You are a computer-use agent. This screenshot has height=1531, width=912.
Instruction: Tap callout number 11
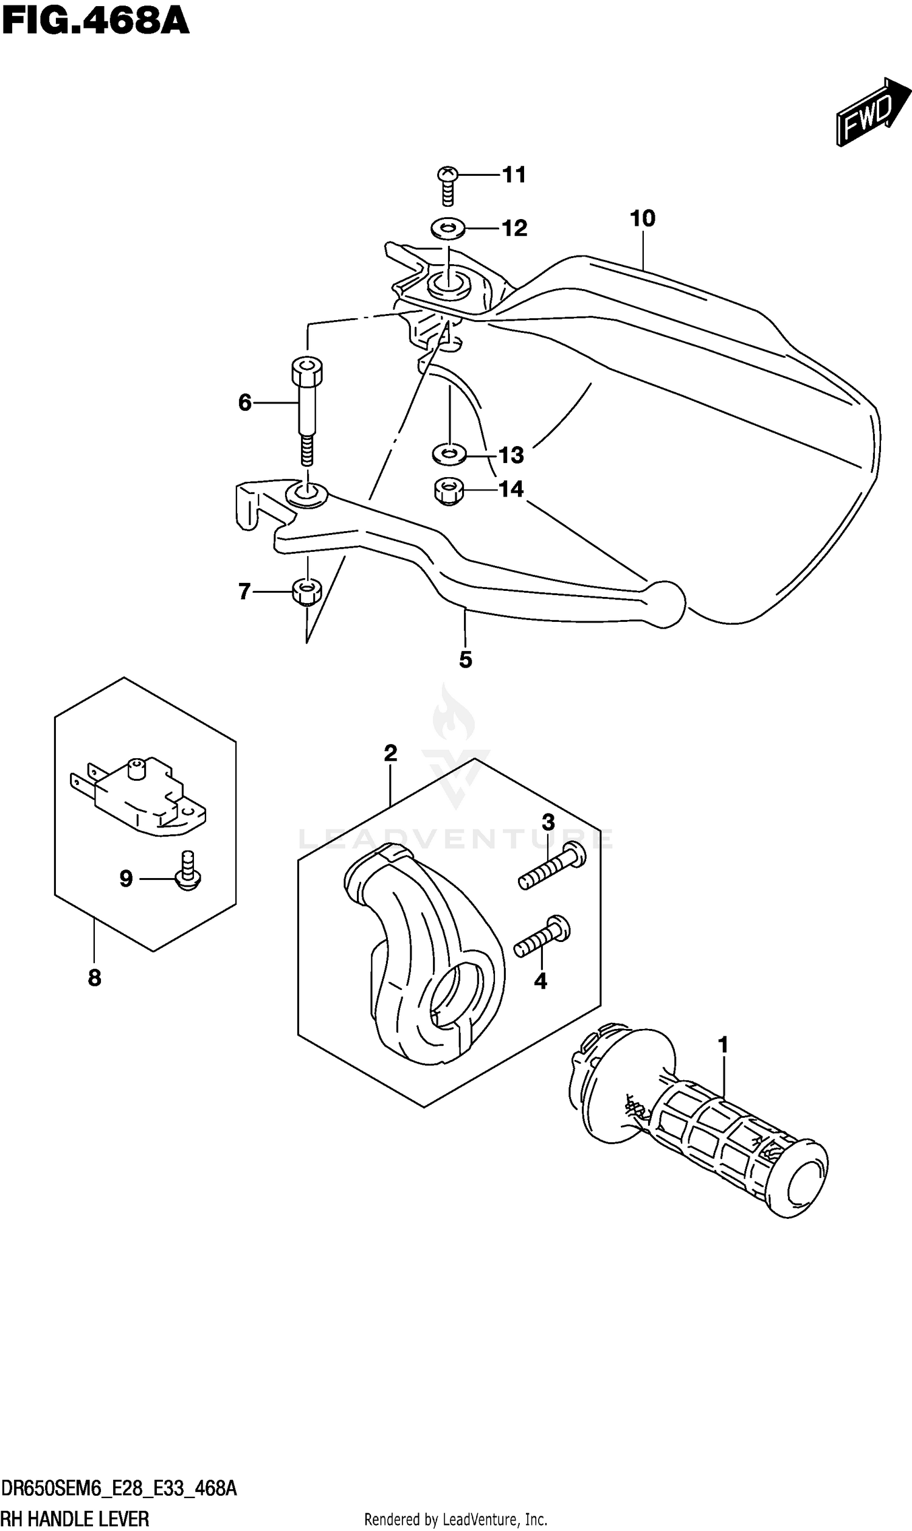click(514, 175)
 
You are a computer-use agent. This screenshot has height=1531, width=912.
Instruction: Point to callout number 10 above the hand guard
click(643, 218)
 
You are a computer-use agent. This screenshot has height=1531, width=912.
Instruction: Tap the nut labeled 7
click(306, 592)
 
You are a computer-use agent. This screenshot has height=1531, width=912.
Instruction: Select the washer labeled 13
click(449, 455)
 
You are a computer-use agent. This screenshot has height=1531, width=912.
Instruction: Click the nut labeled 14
click(449, 490)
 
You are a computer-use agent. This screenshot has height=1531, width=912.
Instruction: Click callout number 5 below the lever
click(465, 660)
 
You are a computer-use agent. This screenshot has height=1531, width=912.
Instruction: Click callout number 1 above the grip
click(724, 1045)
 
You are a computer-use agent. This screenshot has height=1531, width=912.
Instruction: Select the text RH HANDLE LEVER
click(75, 1518)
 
